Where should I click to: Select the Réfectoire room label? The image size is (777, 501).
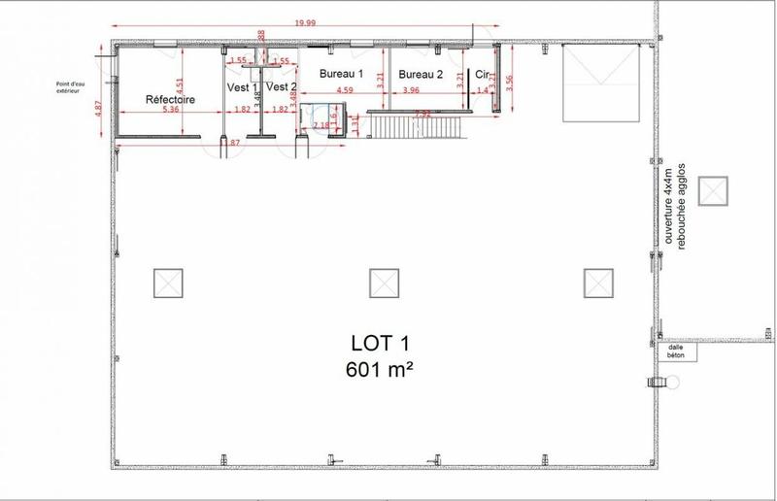point(171,99)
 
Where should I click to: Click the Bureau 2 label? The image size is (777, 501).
point(421,74)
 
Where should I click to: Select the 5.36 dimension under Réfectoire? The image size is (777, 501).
point(171,110)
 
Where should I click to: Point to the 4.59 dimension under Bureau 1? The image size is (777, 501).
point(344,91)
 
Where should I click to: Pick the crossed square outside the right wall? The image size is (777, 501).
point(714,189)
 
